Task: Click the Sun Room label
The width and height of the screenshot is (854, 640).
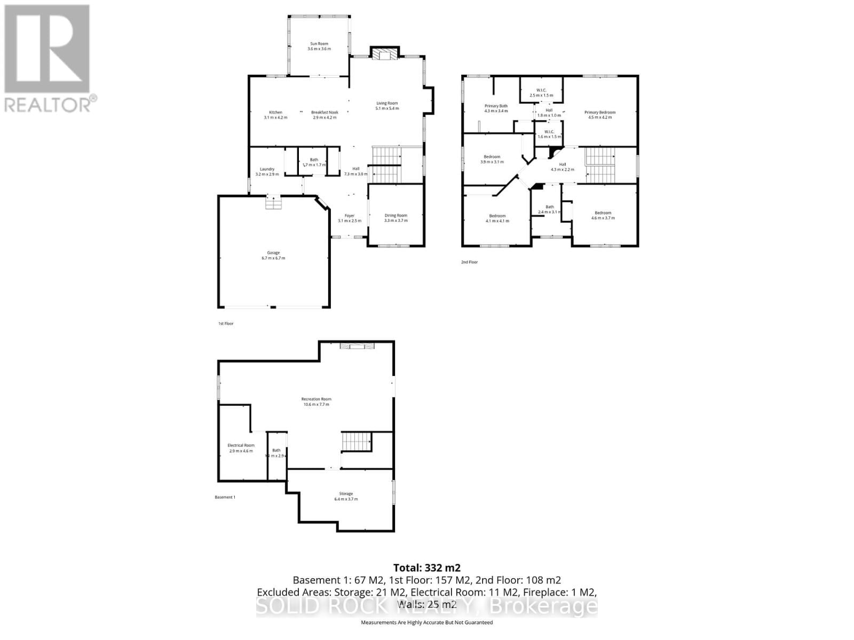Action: (319, 44)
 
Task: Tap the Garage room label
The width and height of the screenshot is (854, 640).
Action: (273, 253)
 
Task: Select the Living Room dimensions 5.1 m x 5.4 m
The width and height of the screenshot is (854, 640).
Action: (387, 108)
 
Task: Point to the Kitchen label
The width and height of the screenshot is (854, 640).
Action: (275, 113)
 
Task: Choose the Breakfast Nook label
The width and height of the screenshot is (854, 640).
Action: (325, 113)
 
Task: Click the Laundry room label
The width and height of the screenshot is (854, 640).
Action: (267, 169)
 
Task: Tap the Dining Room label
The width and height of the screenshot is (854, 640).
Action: (396, 215)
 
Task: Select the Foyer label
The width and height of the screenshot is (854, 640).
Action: (349, 215)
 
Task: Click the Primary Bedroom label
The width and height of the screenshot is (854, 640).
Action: (599, 113)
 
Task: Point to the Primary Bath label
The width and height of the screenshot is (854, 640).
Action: (496, 106)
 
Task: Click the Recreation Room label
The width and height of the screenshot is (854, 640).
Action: (316, 399)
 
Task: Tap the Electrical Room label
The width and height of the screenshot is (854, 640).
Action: (241, 445)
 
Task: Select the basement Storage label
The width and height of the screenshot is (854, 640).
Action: (345, 494)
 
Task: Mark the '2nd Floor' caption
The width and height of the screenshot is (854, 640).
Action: (470, 262)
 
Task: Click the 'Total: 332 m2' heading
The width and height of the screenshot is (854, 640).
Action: (426, 568)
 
